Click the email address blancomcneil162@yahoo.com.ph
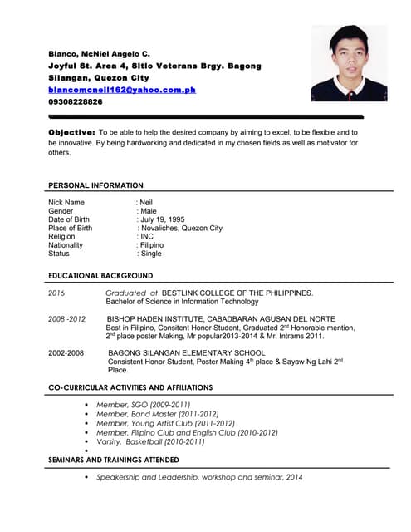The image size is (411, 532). (x=122, y=89)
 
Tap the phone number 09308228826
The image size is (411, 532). (x=76, y=101)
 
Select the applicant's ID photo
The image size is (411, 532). (x=349, y=62)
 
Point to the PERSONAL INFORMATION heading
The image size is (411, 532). (x=95, y=185)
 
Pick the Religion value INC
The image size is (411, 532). (x=145, y=237)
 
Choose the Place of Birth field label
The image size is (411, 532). (x=71, y=228)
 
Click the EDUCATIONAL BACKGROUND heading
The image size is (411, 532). (x=100, y=275)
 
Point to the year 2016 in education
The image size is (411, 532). (x=56, y=293)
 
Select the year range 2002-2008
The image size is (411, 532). (x=66, y=353)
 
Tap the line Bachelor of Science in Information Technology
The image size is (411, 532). (x=183, y=302)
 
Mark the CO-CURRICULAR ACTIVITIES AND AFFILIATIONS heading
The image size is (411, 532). (x=130, y=387)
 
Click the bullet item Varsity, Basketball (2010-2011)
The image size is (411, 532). (x=150, y=441)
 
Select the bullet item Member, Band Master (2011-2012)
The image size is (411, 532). (x=158, y=414)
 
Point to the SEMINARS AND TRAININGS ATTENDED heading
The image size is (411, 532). (x=113, y=460)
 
